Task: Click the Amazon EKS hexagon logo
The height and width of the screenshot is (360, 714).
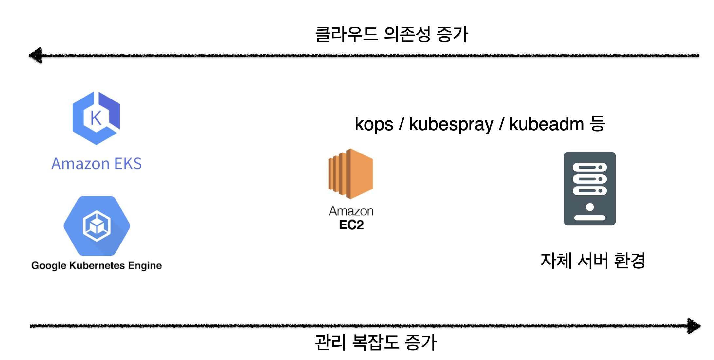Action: click(96, 118)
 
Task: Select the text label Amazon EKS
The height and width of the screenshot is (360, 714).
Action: click(97, 163)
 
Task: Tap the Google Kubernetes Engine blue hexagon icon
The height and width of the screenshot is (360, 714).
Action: click(97, 226)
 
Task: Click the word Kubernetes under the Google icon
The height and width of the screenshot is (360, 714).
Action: click(98, 265)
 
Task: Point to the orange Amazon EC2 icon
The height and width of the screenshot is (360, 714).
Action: click(351, 173)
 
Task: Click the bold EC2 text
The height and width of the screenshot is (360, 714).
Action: click(351, 225)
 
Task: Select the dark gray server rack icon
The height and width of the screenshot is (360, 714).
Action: click(590, 189)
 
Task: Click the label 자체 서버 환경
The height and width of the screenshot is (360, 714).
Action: click(593, 261)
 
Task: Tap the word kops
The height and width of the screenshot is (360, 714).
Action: click(374, 124)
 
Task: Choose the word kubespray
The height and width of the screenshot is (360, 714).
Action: click(451, 125)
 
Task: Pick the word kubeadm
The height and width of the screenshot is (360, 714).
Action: click(547, 124)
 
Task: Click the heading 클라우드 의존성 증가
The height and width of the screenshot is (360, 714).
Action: click(391, 34)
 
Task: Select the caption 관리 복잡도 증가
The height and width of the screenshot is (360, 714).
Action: click(376, 342)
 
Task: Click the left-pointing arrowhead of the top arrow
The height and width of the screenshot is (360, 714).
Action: click(36, 55)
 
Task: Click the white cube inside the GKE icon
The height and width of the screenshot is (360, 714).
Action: click(97, 226)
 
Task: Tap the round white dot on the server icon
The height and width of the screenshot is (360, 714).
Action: click(590, 207)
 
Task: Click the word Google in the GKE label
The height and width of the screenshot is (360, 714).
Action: click(48, 265)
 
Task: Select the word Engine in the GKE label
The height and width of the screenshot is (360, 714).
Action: click(145, 265)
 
